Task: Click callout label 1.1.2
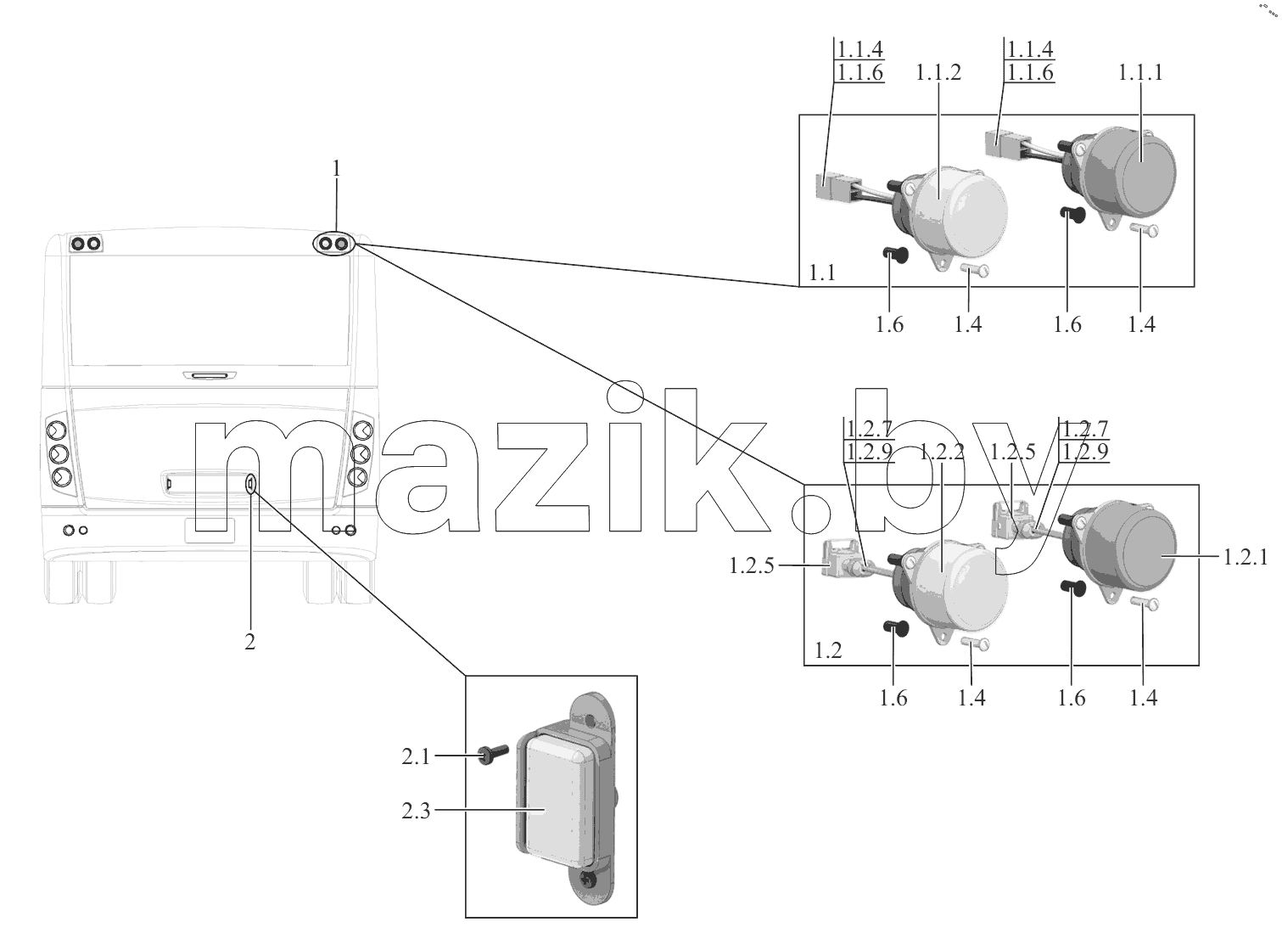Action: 938,73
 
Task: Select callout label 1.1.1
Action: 1140,73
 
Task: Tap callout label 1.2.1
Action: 1246,557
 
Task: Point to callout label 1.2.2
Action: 942,452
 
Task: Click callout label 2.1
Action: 416,756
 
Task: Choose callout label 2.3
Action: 416,811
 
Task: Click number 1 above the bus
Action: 336,168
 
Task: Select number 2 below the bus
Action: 249,642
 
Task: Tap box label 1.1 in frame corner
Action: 822,273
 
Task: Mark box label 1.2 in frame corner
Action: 828,650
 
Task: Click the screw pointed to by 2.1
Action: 493,756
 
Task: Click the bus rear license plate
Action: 210,531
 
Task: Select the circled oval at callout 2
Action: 250,485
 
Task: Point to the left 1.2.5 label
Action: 752,566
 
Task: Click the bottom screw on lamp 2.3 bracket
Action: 589,883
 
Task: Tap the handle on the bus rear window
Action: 210,376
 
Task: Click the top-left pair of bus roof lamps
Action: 86,244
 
